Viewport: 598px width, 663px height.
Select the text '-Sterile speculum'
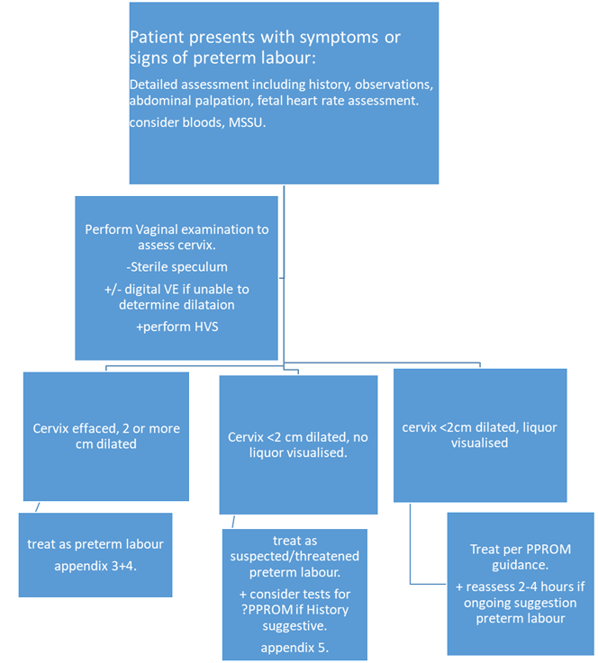click(177, 267)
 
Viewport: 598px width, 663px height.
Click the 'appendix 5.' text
click(294, 646)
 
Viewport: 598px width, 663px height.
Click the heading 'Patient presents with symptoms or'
click(265, 38)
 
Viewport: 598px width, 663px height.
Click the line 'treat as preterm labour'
click(95, 544)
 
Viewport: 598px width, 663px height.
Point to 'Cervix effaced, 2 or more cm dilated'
click(106, 436)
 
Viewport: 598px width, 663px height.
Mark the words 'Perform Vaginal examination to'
click(177, 229)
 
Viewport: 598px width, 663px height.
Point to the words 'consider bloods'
click(167, 121)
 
